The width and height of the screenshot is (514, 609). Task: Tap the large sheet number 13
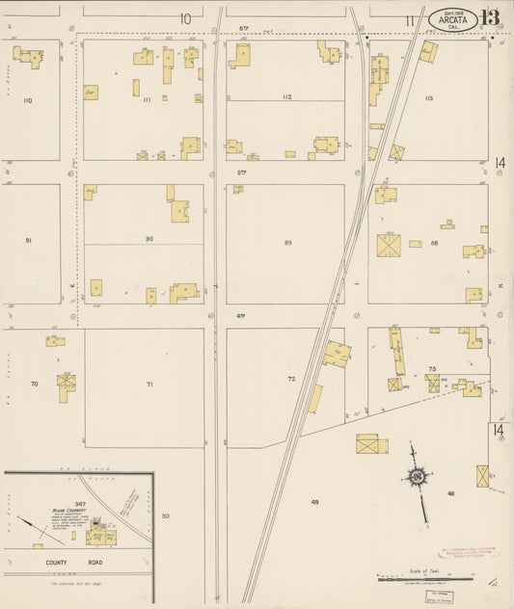pyautogui.click(x=490, y=18)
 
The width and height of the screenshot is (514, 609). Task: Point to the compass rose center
pyautogui.click(x=418, y=476)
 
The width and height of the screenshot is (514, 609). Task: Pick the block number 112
pyautogui.click(x=286, y=97)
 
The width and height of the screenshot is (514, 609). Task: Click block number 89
pyautogui.click(x=287, y=242)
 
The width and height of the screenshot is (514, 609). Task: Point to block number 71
pyautogui.click(x=149, y=384)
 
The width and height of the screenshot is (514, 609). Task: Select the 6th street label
pyautogui.click(x=244, y=29)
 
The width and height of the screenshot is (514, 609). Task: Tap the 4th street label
pyautogui.click(x=240, y=316)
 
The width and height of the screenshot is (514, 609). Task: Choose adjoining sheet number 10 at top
pyautogui.click(x=184, y=17)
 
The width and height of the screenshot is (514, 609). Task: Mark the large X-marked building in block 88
pyautogui.click(x=389, y=245)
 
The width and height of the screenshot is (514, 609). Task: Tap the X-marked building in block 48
pyautogui.click(x=482, y=476)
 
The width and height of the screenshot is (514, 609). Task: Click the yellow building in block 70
pyautogui.click(x=66, y=383)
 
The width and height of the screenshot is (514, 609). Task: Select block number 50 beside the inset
pyautogui.click(x=166, y=516)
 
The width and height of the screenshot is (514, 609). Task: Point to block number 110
pyautogui.click(x=27, y=100)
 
